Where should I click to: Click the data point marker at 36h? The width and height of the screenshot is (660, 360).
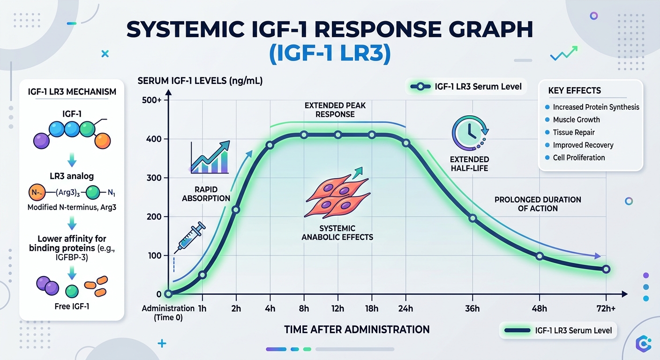(472, 218)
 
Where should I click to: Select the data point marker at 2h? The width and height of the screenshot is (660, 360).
(236, 210)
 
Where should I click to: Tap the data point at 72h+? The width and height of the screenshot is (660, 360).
(606, 269)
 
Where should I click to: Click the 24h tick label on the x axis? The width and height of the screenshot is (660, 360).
(405, 308)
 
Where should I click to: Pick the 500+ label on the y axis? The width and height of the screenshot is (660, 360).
(151, 100)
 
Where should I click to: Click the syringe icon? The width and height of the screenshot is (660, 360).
(190, 238)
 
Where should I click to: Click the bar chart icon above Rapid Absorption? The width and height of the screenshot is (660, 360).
(210, 157)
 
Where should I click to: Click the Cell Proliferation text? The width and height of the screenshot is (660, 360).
(579, 157)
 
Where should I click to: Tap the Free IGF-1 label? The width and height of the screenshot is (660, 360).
(71, 307)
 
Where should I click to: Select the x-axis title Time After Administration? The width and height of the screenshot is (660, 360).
(357, 330)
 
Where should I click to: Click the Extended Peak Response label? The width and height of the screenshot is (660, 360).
(335, 110)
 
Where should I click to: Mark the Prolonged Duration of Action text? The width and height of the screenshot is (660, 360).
(538, 204)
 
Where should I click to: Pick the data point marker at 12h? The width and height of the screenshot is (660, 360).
(338, 135)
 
